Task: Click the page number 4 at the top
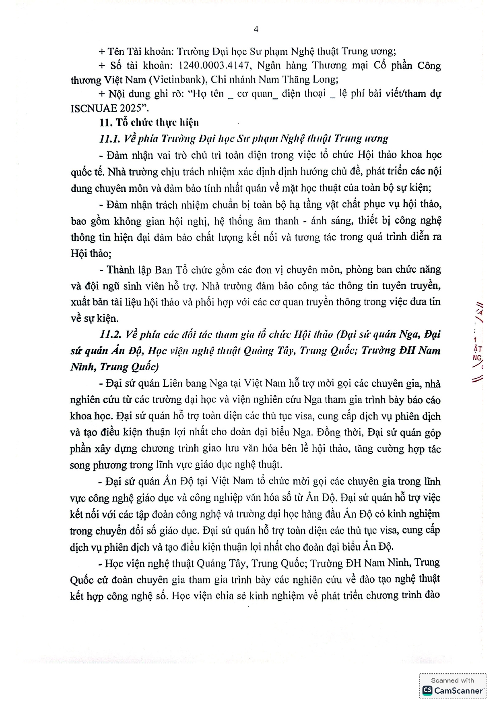click(256, 29)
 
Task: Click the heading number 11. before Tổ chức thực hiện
click(105, 122)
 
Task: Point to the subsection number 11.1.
click(109, 139)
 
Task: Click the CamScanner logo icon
click(427, 690)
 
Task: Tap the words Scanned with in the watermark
click(452, 680)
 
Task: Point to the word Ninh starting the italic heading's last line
click(82, 367)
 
